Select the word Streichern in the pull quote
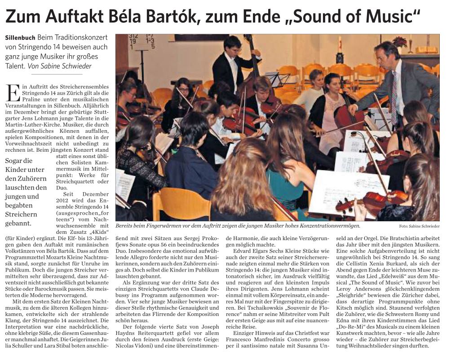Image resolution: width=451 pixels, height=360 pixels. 22,214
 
